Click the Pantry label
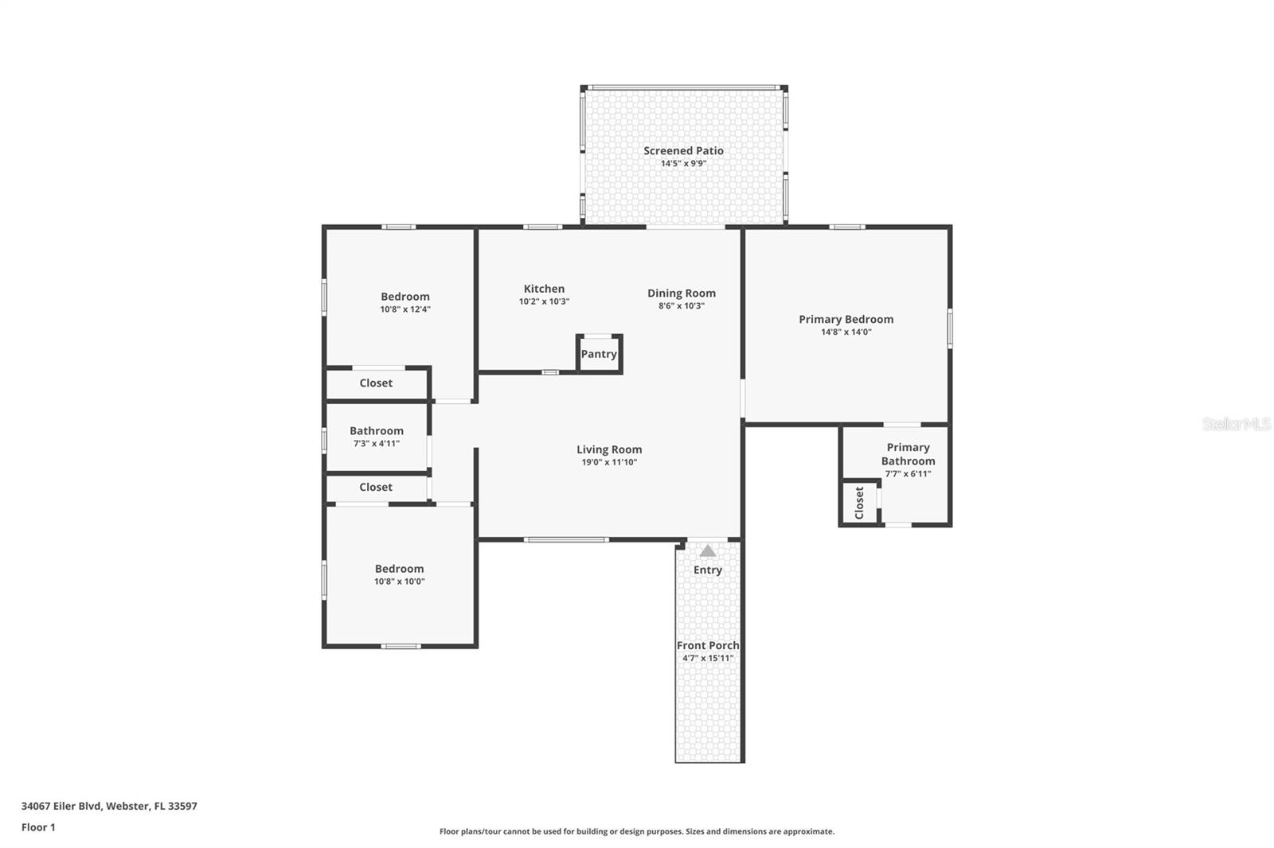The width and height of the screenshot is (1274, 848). point(599,354)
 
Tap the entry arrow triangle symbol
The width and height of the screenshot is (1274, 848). point(707,550)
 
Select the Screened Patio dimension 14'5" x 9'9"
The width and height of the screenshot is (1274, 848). point(683,164)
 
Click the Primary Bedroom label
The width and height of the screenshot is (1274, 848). point(846,319)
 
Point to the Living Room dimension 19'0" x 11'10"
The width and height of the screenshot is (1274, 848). point(609,462)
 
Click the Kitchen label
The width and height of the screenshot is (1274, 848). point(544,289)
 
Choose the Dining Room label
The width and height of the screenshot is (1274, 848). point(681,293)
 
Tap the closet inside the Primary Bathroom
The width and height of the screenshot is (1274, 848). point(859,503)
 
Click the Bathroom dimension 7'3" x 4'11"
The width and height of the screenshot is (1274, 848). point(377,444)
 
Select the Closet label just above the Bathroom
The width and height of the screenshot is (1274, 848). point(376,383)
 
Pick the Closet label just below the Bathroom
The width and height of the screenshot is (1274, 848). point(376,487)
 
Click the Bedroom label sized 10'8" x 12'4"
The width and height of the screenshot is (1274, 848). point(404,296)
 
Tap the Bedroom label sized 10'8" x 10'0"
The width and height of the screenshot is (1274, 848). point(399,568)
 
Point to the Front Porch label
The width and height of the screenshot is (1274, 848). point(707,645)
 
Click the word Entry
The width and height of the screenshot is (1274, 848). point(707,570)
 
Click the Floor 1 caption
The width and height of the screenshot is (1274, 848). point(38,827)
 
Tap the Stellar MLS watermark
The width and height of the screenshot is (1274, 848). point(1236,424)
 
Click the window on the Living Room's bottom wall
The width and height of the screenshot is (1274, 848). point(566,540)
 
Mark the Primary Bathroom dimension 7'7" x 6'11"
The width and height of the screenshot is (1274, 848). point(908,474)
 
